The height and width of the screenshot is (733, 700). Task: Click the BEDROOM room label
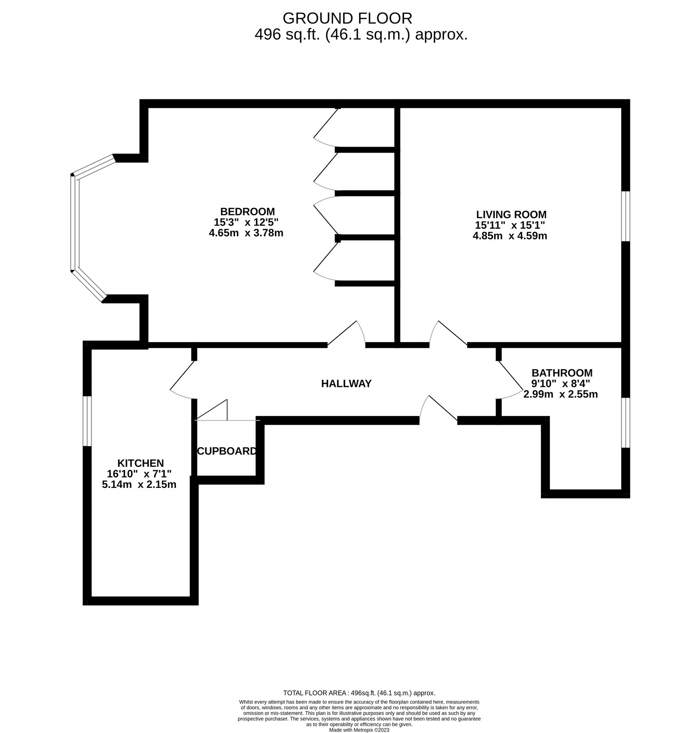click(247, 212)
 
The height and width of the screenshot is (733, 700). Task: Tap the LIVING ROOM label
click(511, 214)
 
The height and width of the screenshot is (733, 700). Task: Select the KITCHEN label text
click(141, 463)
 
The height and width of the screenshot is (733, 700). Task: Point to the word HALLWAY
click(346, 384)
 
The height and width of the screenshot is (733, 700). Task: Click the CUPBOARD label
click(227, 451)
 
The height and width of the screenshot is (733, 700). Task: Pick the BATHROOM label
click(562, 373)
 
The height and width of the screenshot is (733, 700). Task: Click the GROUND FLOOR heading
click(347, 18)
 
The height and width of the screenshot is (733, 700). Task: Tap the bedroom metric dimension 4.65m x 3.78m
click(246, 233)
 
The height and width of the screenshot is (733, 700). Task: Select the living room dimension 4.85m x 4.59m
click(510, 236)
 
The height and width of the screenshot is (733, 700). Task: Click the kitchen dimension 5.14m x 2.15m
click(139, 484)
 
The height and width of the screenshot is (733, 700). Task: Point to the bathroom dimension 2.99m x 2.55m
click(561, 394)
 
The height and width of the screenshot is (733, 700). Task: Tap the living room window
click(626, 216)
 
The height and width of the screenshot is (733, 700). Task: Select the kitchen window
click(87, 421)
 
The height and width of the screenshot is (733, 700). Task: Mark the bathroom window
click(626, 422)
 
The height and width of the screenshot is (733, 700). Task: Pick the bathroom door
click(511, 380)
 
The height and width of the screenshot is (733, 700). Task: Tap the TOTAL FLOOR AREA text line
click(359, 693)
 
